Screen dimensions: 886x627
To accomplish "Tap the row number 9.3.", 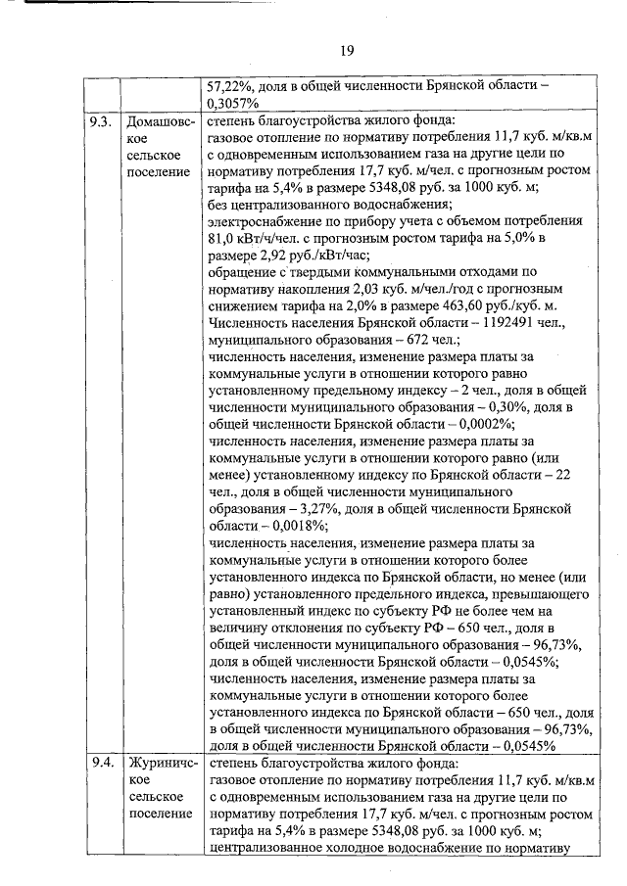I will [x=100, y=121].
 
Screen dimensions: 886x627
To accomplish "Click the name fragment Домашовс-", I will [x=162, y=121].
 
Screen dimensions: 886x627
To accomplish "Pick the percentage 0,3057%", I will [x=233, y=103].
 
